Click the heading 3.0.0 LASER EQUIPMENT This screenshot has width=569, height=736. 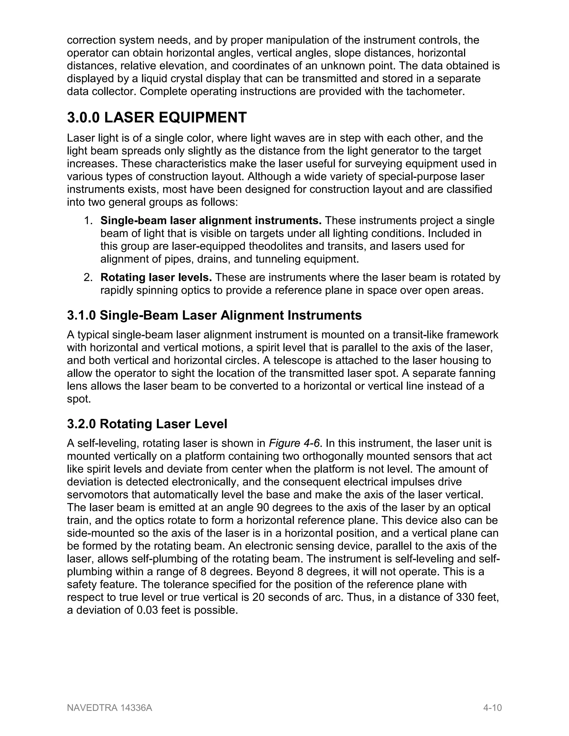(157, 117)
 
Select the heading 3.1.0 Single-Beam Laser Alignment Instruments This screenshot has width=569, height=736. (214, 316)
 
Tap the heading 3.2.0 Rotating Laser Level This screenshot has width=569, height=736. (147, 424)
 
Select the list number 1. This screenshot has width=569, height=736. (88, 221)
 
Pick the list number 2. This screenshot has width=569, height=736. (88, 278)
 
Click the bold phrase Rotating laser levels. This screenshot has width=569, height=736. (156, 278)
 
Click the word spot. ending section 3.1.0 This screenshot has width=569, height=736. (79, 399)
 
